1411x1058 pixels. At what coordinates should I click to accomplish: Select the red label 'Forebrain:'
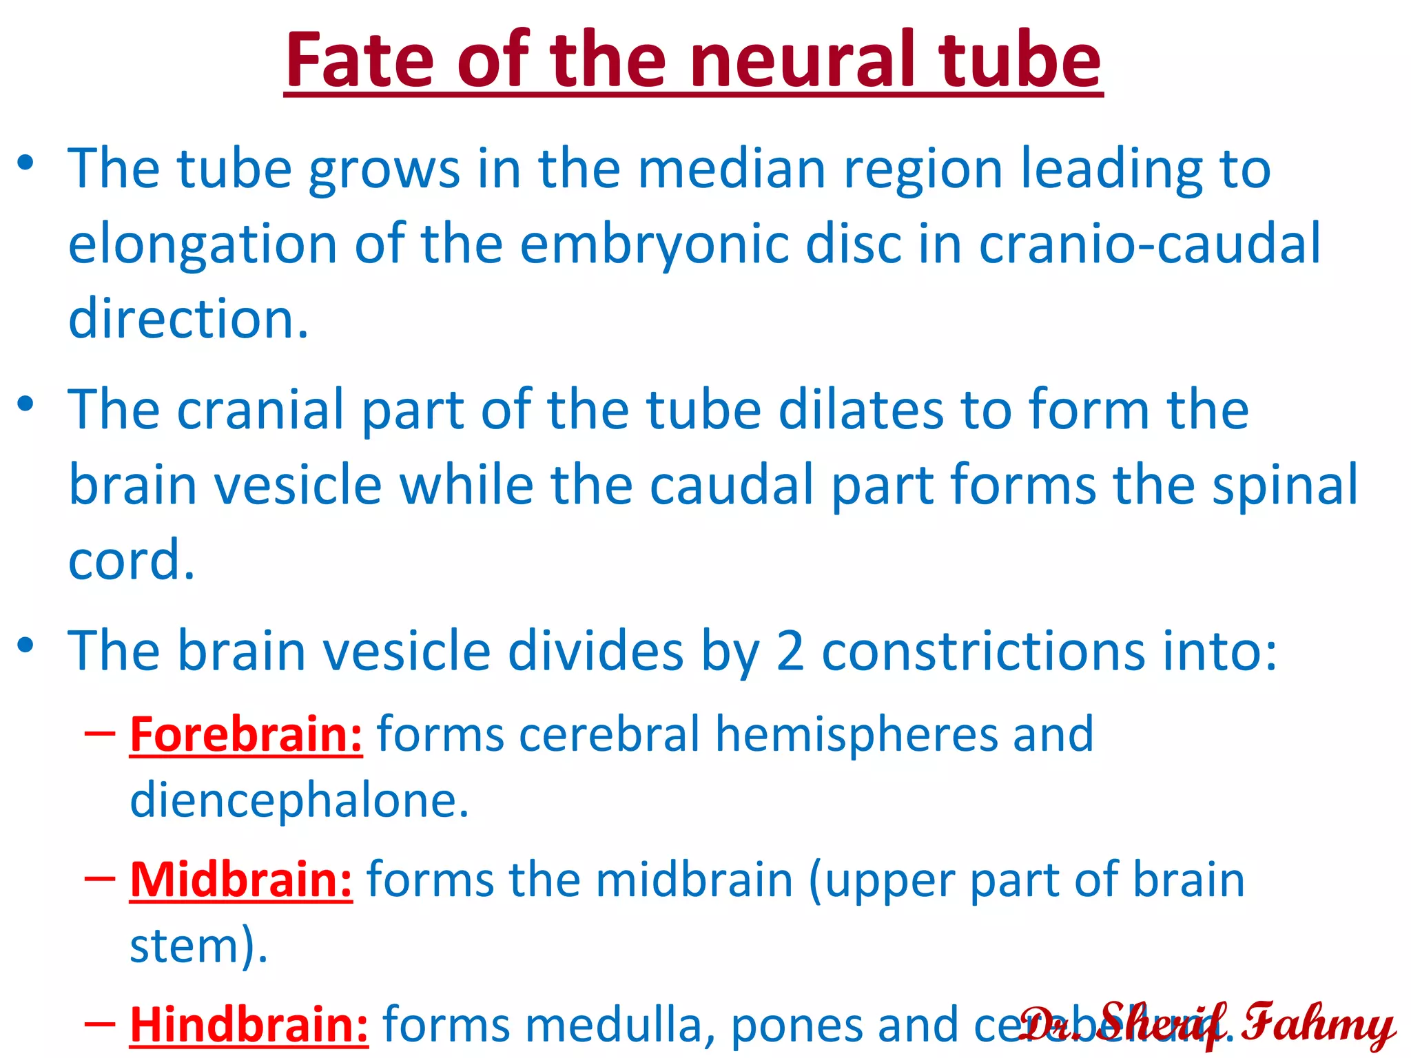pos(246,734)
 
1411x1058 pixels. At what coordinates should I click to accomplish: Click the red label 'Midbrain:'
pos(241,880)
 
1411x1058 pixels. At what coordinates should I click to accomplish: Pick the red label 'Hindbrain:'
pos(249,1025)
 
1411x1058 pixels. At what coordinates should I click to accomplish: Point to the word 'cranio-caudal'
pos(1149,244)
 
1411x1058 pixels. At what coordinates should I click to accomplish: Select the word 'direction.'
pos(188,319)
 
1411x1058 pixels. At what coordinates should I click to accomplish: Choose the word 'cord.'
pos(132,559)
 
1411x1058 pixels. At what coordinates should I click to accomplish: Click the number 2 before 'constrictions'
pos(790,651)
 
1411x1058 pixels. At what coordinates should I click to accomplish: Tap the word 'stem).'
pos(198,946)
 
